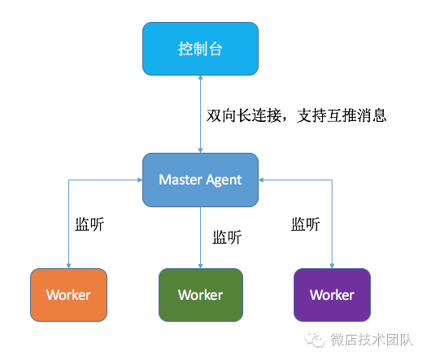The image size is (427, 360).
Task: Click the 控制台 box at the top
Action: pos(200,50)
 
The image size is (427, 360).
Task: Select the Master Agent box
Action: pos(200,180)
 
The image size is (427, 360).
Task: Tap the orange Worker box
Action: pos(68,294)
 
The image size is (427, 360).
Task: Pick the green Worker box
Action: pos(200,294)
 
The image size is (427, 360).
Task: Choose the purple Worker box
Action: pos(332,294)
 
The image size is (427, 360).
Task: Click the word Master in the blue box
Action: pos(179,180)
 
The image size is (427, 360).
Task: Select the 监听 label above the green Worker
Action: pos(227,238)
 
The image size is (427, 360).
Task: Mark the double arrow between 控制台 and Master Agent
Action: pos(200,114)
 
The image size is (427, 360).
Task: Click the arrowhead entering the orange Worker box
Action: pos(68,265)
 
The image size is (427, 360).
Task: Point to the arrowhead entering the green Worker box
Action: pos(200,265)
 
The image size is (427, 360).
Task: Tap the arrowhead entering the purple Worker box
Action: pos(332,265)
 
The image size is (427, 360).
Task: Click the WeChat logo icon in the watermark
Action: pos(312,339)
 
